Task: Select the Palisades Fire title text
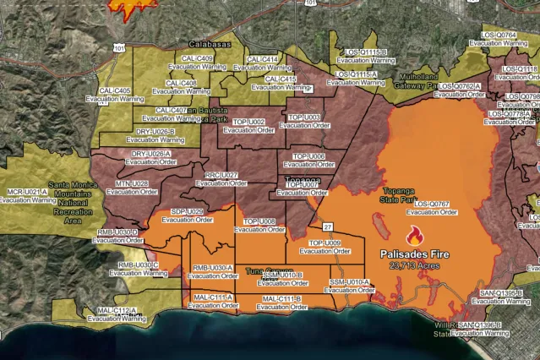click(x=414, y=254)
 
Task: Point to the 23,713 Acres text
click(x=414, y=265)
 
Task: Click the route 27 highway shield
click(x=326, y=226)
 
